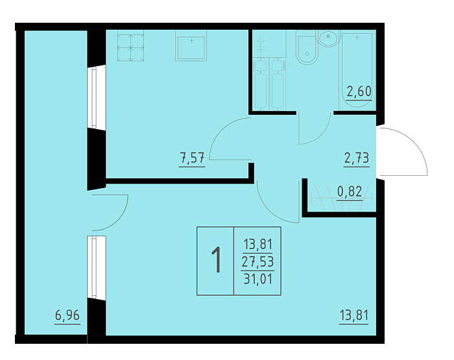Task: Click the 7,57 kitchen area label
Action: (x=192, y=158)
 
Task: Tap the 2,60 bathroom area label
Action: (x=359, y=91)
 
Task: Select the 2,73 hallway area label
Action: (x=357, y=158)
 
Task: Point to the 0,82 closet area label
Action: (x=350, y=191)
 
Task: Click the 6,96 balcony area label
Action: (x=67, y=315)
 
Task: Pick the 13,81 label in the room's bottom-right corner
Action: (x=354, y=315)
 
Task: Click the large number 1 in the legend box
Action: (x=216, y=260)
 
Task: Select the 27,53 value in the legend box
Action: (x=257, y=262)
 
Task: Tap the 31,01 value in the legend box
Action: (x=258, y=279)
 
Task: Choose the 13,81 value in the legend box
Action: (x=258, y=245)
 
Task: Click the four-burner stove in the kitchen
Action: (x=130, y=46)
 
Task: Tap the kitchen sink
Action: (x=191, y=46)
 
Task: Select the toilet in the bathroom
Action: (x=307, y=49)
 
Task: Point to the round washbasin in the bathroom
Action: (x=328, y=38)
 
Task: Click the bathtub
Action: (x=357, y=70)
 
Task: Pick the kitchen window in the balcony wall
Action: (x=94, y=97)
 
